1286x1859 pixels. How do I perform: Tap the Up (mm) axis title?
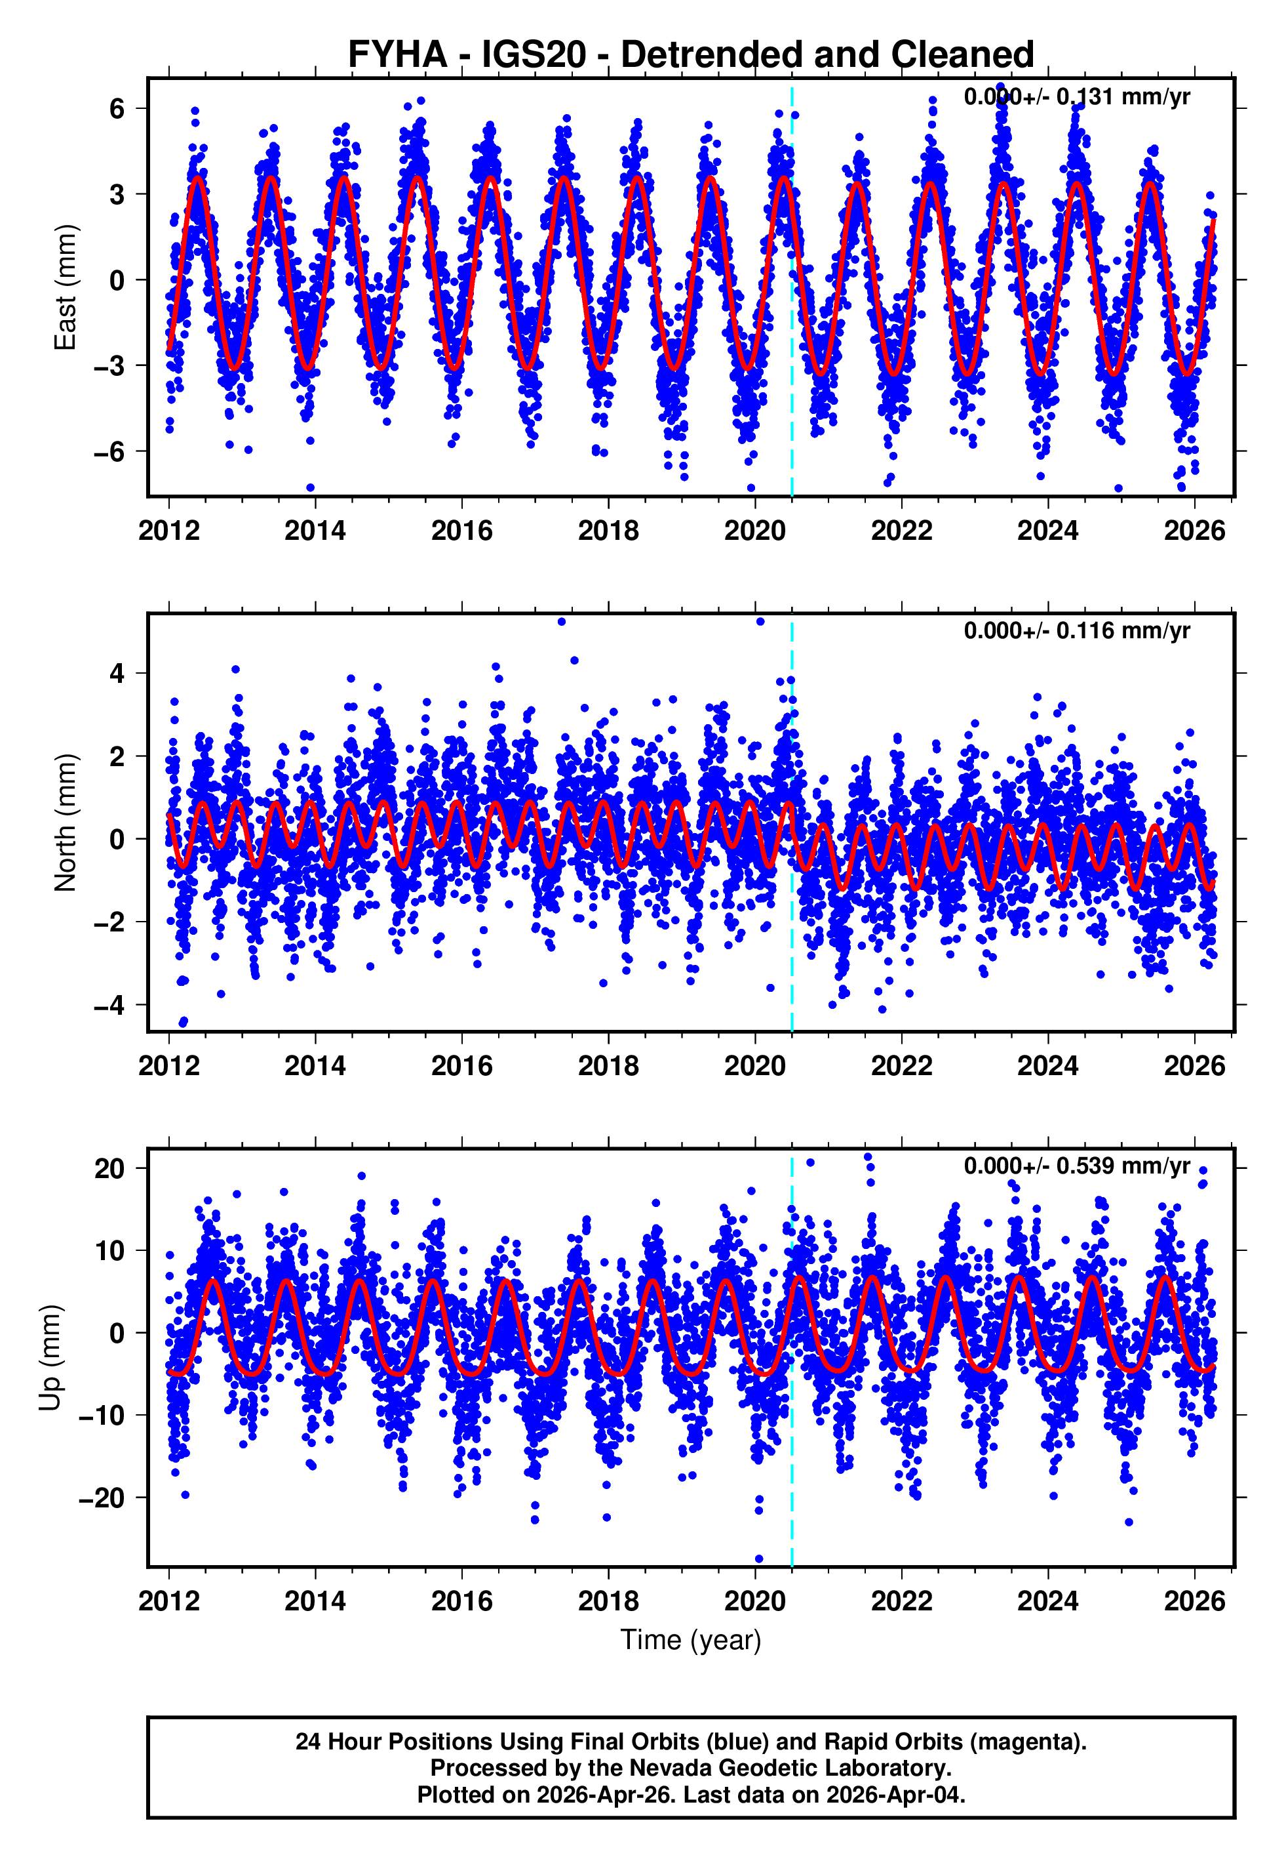[x=50, y=1358]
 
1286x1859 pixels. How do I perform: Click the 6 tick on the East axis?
[x=117, y=108]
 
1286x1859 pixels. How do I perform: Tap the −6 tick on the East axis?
[x=109, y=451]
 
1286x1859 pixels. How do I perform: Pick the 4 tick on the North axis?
[x=117, y=673]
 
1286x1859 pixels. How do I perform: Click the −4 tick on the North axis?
[x=109, y=1006]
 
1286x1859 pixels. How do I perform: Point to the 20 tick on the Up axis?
[x=109, y=1168]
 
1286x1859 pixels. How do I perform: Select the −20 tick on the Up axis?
[x=101, y=1498]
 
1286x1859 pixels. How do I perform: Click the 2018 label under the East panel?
[x=608, y=531]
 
